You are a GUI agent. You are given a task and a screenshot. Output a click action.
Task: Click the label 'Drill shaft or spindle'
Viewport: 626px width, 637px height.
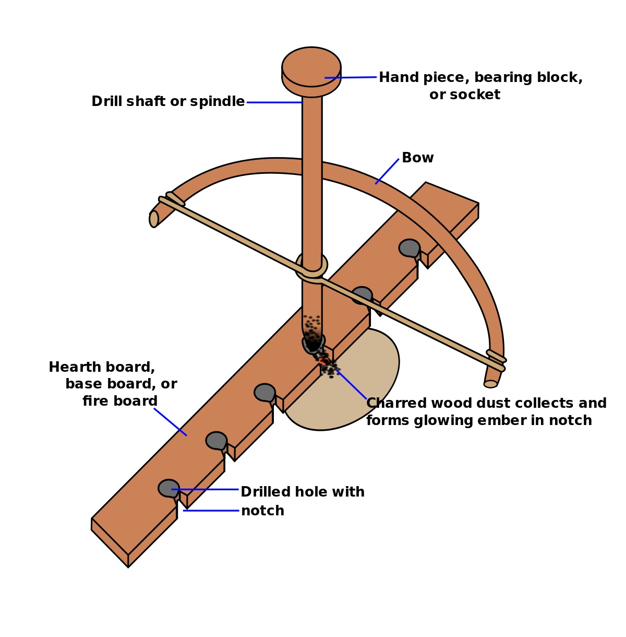(x=168, y=101)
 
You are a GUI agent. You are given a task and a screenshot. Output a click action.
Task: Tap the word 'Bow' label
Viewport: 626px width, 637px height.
(x=417, y=158)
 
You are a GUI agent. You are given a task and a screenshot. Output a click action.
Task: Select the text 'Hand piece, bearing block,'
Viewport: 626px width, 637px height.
(x=480, y=77)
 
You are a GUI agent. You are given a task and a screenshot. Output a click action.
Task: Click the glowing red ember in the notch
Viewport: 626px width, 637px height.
(x=323, y=360)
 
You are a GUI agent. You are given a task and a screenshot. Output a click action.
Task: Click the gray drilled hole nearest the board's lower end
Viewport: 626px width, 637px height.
(x=168, y=488)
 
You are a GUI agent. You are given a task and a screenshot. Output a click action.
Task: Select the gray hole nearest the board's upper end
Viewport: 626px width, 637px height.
(x=409, y=247)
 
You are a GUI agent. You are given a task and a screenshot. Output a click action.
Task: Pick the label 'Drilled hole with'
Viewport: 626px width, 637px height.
(x=302, y=492)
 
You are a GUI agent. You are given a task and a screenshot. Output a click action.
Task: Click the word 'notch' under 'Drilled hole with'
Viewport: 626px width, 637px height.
(x=262, y=511)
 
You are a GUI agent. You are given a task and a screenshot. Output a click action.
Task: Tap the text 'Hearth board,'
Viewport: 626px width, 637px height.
(x=102, y=367)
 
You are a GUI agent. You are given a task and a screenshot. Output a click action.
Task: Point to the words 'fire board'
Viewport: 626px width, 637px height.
(x=120, y=401)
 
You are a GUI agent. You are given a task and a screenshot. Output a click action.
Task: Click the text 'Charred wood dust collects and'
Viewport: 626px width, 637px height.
(x=486, y=403)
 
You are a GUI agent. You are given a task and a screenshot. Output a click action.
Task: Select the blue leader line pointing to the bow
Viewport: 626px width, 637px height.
(x=387, y=171)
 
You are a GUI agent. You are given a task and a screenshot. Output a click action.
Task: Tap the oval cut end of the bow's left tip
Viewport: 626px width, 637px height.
(x=154, y=219)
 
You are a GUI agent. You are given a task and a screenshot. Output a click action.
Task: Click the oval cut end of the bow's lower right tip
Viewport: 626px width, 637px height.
(x=490, y=384)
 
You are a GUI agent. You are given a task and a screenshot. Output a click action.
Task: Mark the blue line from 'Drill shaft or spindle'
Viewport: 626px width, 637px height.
(x=274, y=102)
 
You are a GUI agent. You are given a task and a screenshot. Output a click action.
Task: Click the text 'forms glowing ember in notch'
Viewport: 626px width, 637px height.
(x=479, y=420)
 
